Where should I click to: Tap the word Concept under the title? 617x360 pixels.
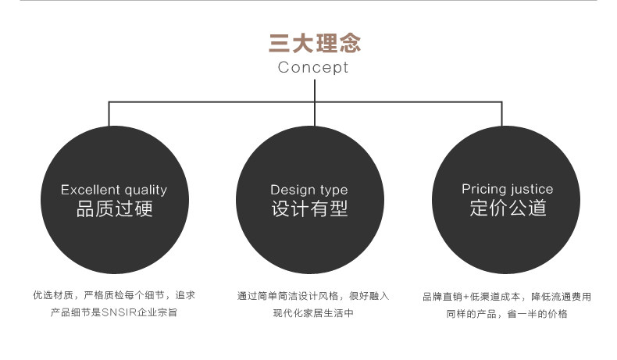pyautogui.click(x=313, y=67)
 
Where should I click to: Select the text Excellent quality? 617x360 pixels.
pyautogui.click(x=114, y=190)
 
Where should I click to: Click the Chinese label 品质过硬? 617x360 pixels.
pyautogui.click(x=114, y=209)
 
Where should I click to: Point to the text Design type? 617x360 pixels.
pyautogui.click(x=309, y=190)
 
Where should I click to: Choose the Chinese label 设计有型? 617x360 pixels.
pyautogui.click(x=309, y=209)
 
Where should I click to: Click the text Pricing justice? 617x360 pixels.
pyautogui.click(x=507, y=189)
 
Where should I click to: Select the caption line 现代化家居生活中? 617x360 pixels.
pyautogui.click(x=312, y=313)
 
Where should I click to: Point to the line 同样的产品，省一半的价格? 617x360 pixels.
pyautogui.click(x=507, y=314)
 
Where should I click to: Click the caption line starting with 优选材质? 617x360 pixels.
pyautogui.click(x=114, y=296)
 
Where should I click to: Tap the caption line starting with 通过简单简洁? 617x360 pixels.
pyautogui.click(x=312, y=296)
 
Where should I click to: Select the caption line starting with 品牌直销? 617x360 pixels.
pyautogui.click(x=507, y=297)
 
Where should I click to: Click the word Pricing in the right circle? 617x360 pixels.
pyautogui.click(x=484, y=189)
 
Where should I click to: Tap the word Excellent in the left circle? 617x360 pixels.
pyautogui.click(x=89, y=190)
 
